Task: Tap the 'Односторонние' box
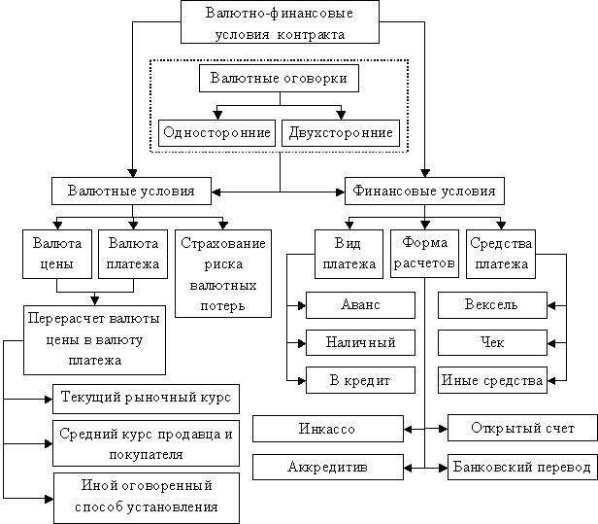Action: click(216, 133)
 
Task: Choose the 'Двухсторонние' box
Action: click(341, 133)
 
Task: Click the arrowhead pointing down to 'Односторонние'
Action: click(217, 114)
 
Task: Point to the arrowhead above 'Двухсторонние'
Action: click(341, 114)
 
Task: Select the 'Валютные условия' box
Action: click(131, 191)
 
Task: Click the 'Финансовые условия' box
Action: click(423, 191)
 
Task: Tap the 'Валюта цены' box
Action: click(57, 253)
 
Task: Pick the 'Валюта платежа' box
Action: click(134, 253)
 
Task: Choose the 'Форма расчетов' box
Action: click(425, 253)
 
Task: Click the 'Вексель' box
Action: click(492, 305)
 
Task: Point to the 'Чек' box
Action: click(492, 343)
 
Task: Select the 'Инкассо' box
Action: click(327, 429)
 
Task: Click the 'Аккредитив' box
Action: click(327, 468)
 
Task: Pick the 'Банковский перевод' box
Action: click(521, 468)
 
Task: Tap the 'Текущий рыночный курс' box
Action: click(146, 399)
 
